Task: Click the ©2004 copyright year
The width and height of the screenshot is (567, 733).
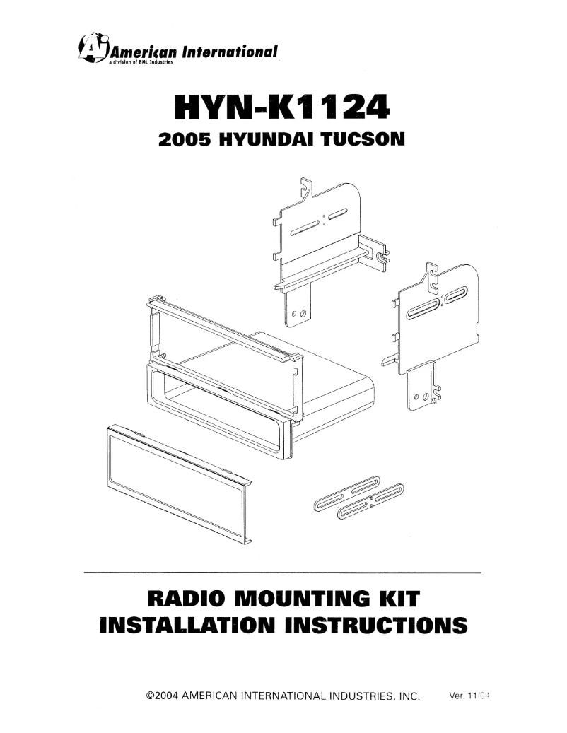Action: click(161, 696)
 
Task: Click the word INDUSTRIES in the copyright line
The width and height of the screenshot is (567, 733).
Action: click(349, 696)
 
